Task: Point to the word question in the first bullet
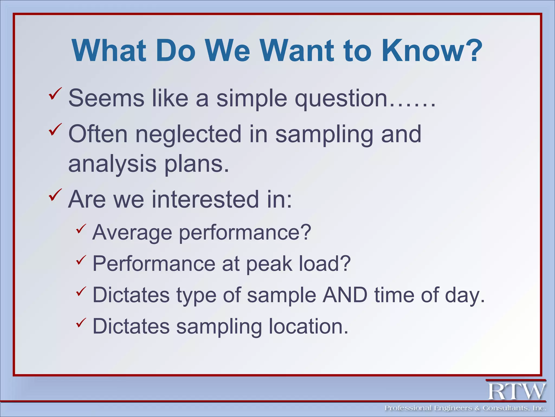click(341, 98)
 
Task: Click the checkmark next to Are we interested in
click(55, 195)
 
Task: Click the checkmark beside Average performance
click(81, 229)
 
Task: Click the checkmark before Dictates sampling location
click(81, 323)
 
